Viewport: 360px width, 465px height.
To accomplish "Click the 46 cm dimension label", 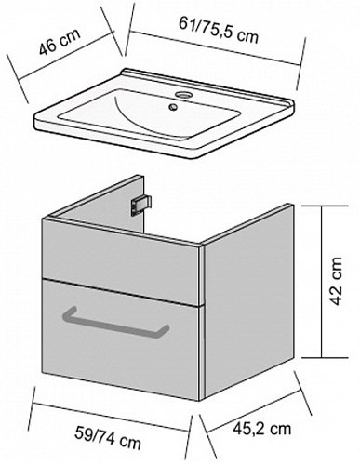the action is (x=60, y=42).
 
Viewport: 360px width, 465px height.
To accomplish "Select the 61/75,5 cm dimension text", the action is (x=219, y=30).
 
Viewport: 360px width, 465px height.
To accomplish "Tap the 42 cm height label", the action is (x=336, y=281).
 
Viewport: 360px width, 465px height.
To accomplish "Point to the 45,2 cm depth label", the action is (x=262, y=429).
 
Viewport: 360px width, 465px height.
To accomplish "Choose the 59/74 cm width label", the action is (x=108, y=437).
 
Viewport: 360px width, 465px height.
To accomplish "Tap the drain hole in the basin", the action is (x=173, y=107).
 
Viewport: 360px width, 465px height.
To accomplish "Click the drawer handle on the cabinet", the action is (x=116, y=323).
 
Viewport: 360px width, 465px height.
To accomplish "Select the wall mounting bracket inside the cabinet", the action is (x=141, y=205).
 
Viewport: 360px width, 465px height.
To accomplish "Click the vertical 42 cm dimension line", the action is (x=322, y=282).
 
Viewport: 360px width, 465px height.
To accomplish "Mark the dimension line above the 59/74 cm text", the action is (x=111, y=418).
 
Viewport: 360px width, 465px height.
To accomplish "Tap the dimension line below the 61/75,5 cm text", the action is (x=216, y=47).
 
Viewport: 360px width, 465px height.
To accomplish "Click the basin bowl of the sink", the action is (x=149, y=114).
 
